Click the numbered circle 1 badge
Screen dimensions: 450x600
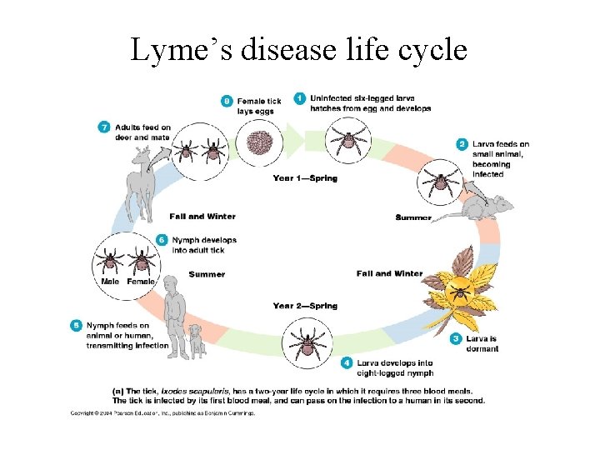tap(301, 98)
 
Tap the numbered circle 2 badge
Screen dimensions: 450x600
tap(462, 143)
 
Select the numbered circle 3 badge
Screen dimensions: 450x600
tap(456, 338)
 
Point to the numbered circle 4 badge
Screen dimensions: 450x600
tap(347, 362)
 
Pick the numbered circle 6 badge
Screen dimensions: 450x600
tap(162, 240)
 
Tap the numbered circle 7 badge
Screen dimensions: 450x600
tap(104, 127)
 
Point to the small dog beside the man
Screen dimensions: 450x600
tap(197, 340)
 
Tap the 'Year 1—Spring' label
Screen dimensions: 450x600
tap(305, 178)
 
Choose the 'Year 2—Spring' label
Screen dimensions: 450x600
tap(305, 306)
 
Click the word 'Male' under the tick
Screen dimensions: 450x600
tap(109, 282)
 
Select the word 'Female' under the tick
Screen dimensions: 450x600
tap(141, 282)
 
